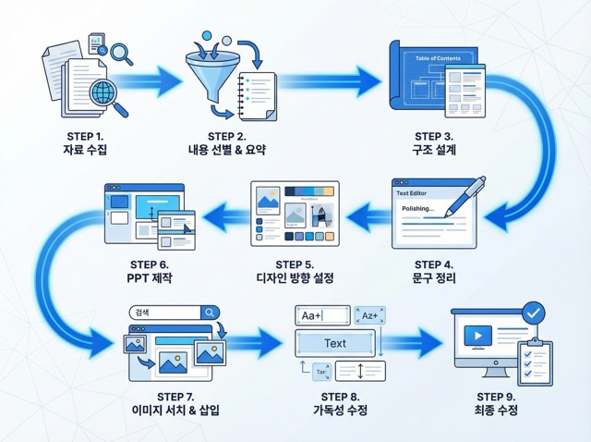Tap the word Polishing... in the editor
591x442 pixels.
(x=420, y=208)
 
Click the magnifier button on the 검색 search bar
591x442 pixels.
(x=211, y=313)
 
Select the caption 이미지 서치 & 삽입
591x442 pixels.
(x=175, y=410)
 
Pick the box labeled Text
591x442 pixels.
(x=335, y=344)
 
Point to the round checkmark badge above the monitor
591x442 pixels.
(x=532, y=314)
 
